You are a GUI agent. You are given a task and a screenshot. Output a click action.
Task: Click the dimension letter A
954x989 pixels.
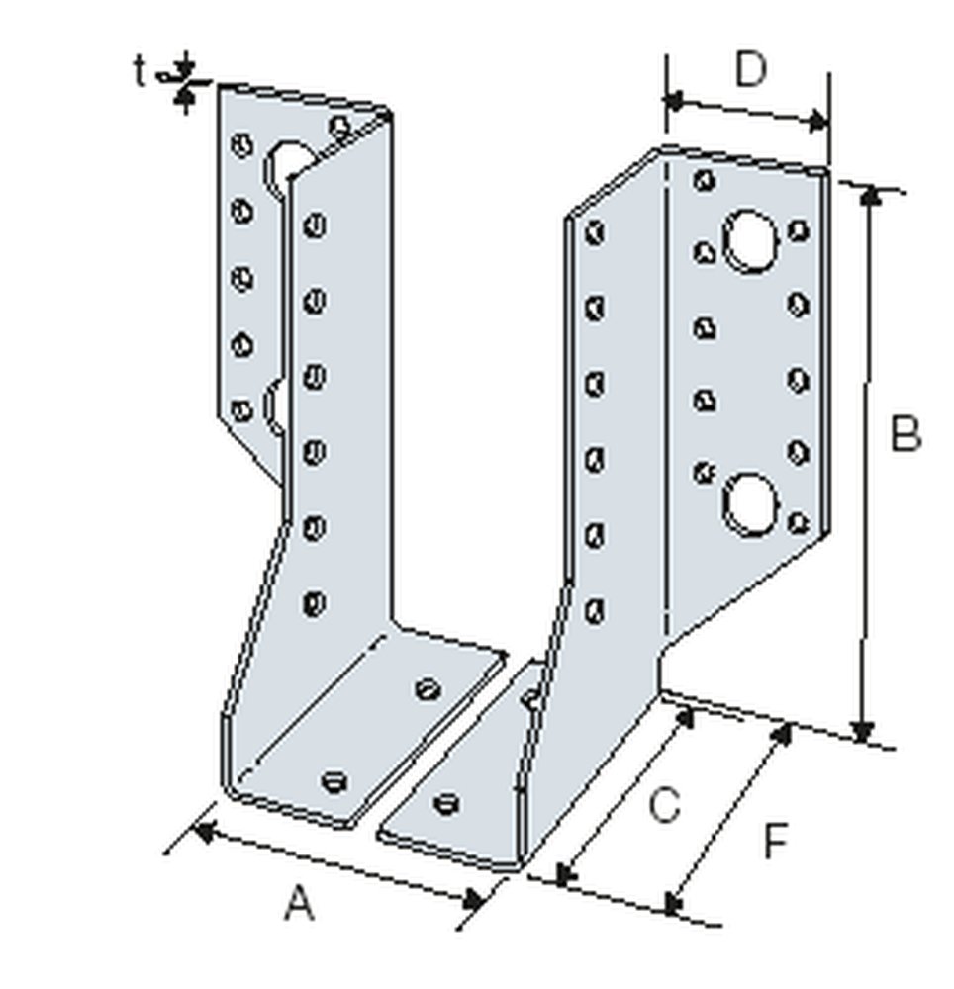pyautogui.click(x=299, y=903)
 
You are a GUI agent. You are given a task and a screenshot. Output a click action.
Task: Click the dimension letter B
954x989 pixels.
pyautogui.click(x=904, y=434)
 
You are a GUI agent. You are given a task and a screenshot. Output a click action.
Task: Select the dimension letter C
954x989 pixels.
pyautogui.click(x=663, y=805)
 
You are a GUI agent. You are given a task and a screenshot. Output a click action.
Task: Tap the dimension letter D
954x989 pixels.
pyautogui.click(x=751, y=71)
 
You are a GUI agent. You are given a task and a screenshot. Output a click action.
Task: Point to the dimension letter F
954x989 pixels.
pyautogui.click(x=775, y=843)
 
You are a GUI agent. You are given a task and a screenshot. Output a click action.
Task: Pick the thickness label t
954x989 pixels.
pyautogui.click(x=141, y=70)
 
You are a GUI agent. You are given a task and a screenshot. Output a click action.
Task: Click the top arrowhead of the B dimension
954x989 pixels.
pyautogui.click(x=869, y=195)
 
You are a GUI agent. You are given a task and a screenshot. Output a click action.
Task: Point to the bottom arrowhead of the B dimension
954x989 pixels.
pyautogui.click(x=864, y=732)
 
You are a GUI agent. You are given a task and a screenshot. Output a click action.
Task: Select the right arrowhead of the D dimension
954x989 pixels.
pyautogui.click(x=818, y=123)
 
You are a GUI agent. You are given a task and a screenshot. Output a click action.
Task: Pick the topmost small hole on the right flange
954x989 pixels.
pyautogui.click(x=705, y=180)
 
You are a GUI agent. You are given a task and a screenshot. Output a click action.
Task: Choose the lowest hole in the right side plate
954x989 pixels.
pyautogui.click(x=595, y=610)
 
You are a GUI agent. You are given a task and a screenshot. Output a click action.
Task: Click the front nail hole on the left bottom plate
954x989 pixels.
pyautogui.click(x=334, y=780)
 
